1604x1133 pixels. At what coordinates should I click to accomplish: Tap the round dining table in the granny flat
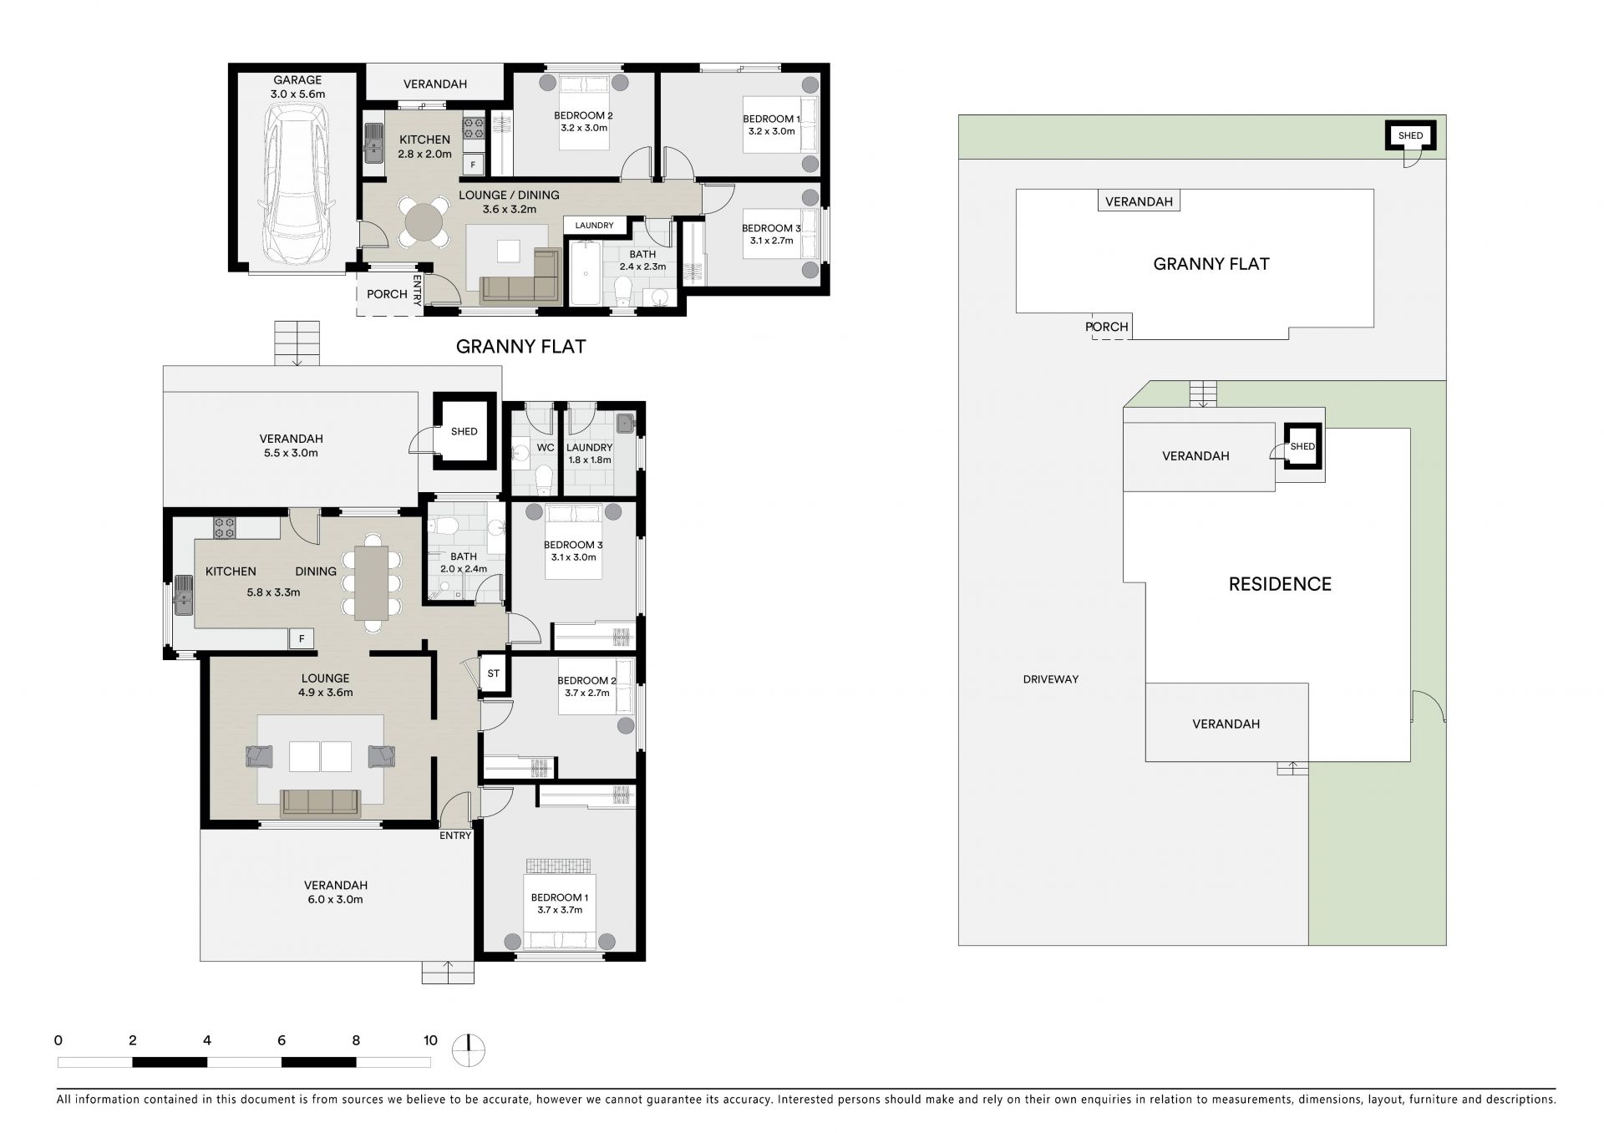424,221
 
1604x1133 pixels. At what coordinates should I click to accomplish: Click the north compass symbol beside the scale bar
469,1049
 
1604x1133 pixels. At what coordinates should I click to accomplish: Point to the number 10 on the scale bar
430,1040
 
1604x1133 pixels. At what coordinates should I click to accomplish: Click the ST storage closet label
494,673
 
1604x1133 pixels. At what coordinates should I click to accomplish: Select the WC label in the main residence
546,448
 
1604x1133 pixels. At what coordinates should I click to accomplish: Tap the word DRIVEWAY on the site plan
1051,679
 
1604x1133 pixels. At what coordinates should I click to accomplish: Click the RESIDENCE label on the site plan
1280,584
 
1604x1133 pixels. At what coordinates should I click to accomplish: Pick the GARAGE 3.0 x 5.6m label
297,87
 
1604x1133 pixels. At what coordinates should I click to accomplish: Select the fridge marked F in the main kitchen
302,638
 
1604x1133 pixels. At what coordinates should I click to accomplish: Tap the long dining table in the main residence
372,582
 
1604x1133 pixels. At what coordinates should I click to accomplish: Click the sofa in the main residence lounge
322,802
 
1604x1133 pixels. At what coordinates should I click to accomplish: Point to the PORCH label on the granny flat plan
387,294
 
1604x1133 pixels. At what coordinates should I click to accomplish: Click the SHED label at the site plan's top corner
1410,135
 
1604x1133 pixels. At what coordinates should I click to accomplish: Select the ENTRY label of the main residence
455,836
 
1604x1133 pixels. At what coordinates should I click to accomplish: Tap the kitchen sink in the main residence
183,595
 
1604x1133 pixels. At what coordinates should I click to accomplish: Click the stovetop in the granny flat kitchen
474,128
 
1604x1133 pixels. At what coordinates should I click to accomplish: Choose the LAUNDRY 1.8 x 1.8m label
590,454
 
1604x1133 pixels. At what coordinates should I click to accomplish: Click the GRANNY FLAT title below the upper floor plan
520,347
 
